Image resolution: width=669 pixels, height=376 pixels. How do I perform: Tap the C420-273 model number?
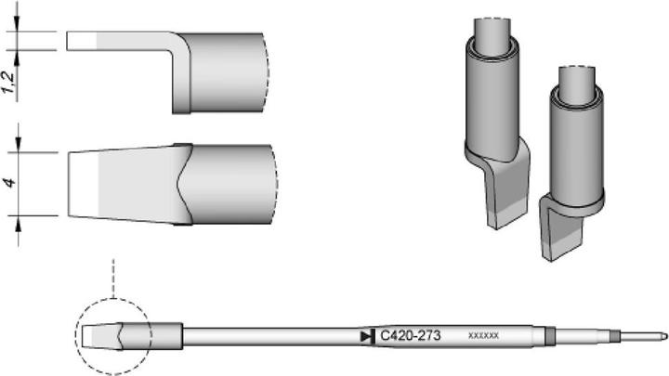(410, 334)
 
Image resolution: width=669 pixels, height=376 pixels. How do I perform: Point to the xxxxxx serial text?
(484, 334)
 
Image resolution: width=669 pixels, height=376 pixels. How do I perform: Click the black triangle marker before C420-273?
(364, 334)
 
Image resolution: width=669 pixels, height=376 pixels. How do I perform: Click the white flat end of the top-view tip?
(81, 184)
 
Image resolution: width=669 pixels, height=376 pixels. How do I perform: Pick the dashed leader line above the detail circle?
(112, 279)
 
